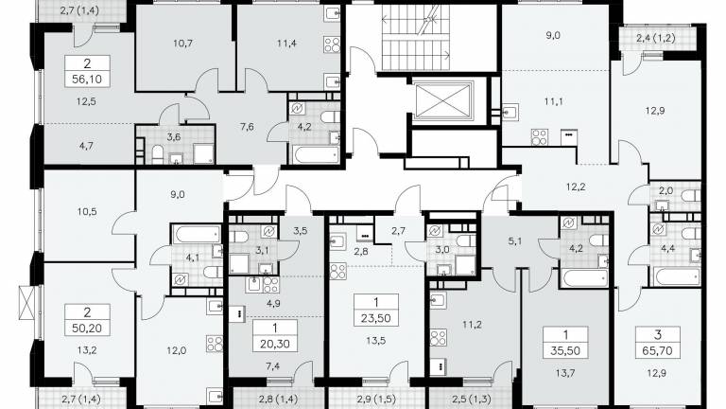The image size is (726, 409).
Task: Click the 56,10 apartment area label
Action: pos(87,80)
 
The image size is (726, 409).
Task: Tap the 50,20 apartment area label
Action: pos(87,328)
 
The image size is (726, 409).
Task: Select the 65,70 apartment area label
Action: pos(658,350)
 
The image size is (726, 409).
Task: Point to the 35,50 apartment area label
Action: pos(565,350)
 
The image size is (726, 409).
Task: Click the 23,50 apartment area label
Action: pos(376,318)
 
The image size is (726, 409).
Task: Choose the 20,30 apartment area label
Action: pos(275,344)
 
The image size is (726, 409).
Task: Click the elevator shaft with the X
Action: pos(443,100)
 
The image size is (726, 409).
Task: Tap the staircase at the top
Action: pos(416,38)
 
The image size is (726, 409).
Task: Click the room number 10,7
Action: pos(182,44)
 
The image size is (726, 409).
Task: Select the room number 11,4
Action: pos(286,44)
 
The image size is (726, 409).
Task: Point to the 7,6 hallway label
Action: pos(248,127)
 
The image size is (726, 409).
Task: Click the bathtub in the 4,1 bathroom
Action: pos(197,234)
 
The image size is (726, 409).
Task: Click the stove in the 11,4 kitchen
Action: pos(332,45)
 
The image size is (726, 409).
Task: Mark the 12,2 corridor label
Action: pos(576,187)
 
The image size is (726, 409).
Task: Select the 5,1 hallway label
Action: pos(515,241)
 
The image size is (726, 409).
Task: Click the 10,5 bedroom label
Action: pos(87,212)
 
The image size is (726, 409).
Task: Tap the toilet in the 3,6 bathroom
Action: pos(158,154)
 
